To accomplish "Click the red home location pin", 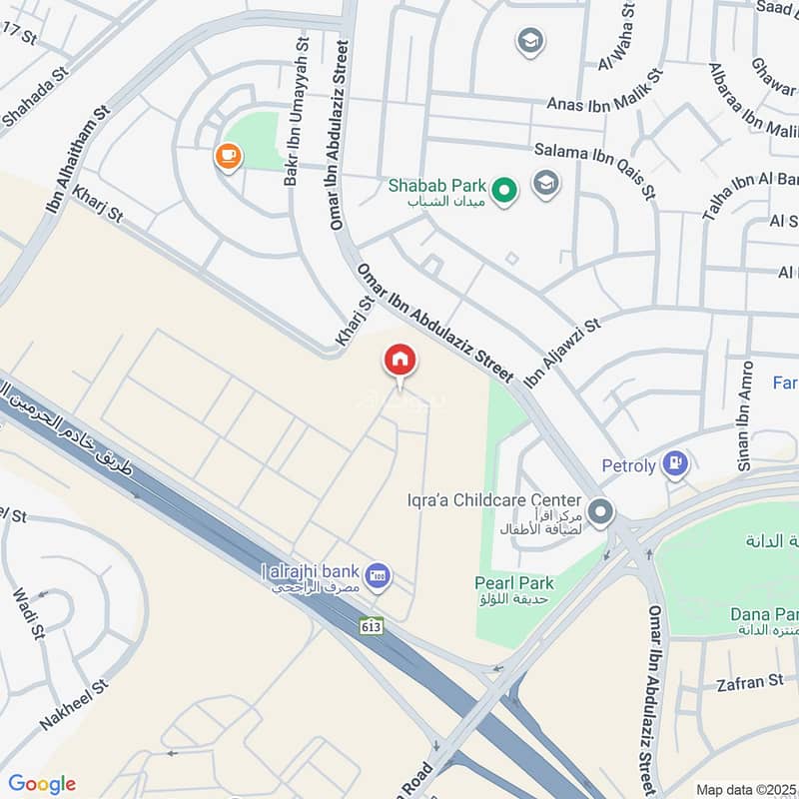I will (x=399, y=360).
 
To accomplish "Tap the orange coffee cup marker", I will (x=229, y=156).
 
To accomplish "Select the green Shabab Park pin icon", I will (x=505, y=188).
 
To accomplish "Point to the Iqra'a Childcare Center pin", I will (x=600, y=512).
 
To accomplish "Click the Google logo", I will (x=42, y=784).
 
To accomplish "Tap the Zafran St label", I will (x=749, y=682).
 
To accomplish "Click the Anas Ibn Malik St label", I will (x=604, y=102).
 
